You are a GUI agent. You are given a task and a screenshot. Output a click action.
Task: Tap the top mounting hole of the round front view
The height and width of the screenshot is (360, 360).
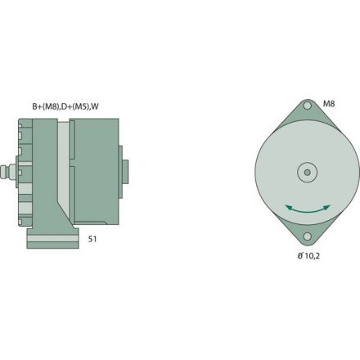pyautogui.click(x=307, y=106)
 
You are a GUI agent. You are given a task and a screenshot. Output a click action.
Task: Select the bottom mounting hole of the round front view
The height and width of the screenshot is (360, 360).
pyautogui.click(x=307, y=236)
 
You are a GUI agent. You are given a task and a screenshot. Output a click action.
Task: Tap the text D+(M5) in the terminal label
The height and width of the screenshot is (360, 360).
pyautogui.click(x=76, y=106)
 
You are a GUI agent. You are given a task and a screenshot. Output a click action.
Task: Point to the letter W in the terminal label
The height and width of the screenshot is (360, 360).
pyautogui.click(x=96, y=106)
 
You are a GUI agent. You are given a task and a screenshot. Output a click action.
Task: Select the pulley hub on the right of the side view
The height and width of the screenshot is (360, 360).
pyautogui.click(x=124, y=172)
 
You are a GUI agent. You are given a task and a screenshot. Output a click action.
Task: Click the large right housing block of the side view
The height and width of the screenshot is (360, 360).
pyautogui.click(x=93, y=172)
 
